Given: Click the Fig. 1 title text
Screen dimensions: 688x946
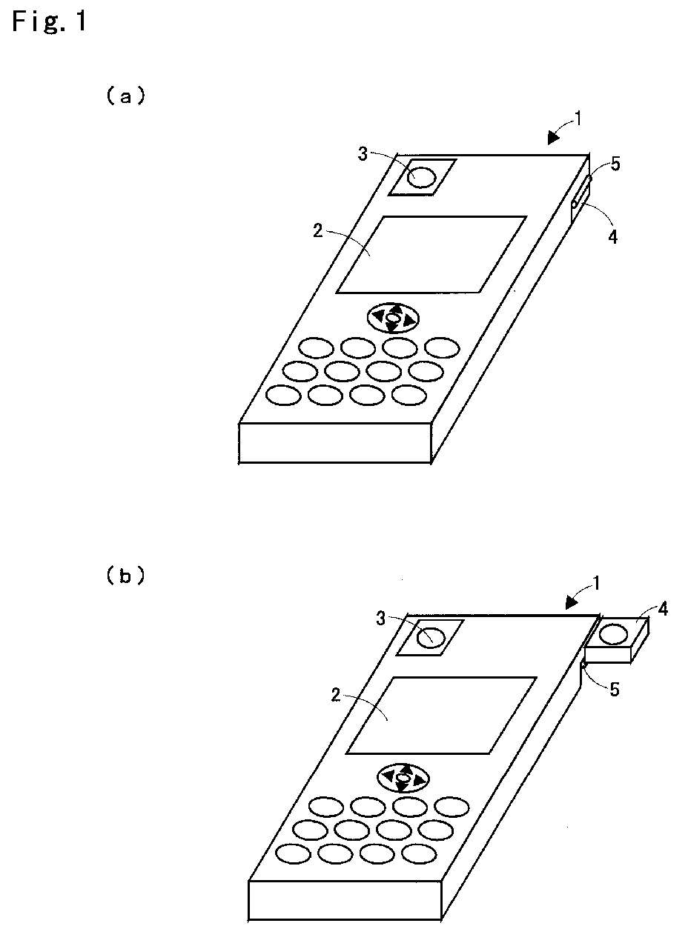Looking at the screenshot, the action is [x=50, y=21].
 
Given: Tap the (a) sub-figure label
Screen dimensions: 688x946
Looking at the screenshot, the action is [x=125, y=96].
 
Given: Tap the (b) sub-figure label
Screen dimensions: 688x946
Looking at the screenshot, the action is [x=125, y=575].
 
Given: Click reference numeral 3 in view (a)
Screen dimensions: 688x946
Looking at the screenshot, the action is [x=363, y=154].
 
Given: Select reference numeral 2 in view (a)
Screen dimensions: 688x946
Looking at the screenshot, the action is [x=318, y=230].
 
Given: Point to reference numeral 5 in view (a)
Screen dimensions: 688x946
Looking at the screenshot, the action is [x=615, y=164].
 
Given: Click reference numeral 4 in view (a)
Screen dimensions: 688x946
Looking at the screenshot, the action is [x=613, y=237].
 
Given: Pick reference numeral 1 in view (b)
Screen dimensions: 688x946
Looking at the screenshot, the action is [x=596, y=584].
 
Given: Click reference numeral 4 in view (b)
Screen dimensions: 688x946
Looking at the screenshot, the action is [x=663, y=610].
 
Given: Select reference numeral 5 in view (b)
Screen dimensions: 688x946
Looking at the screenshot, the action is [x=615, y=689].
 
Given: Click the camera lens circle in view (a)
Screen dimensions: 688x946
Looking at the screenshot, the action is [x=421, y=177].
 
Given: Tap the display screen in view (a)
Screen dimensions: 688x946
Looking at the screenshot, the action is [x=431, y=254].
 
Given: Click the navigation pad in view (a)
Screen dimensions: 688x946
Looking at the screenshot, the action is [x=393, y=317].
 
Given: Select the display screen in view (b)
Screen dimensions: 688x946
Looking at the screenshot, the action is [x=441, y=716].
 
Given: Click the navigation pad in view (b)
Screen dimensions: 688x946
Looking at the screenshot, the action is [x=403, y=779].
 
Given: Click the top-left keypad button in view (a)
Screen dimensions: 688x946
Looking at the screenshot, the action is [x=316, y=347].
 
